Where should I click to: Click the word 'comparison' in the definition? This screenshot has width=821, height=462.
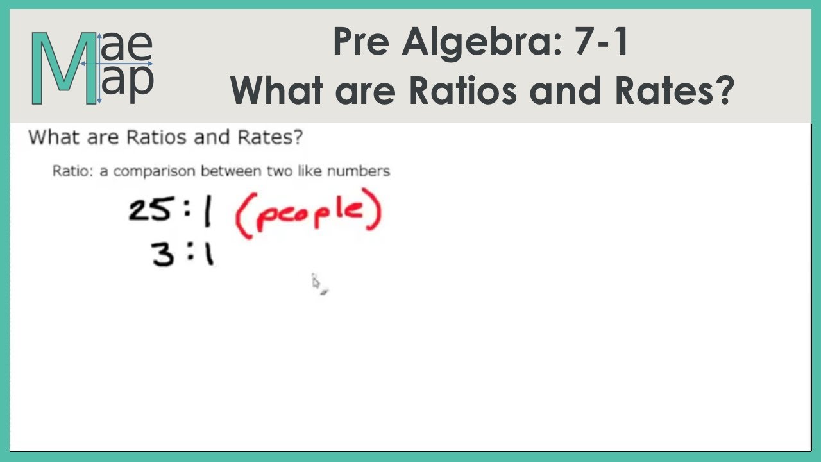click(x=155, y=172)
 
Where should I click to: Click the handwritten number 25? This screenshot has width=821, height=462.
click(x=149, y=210)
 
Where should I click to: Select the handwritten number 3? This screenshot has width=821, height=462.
click(x=163, y=255)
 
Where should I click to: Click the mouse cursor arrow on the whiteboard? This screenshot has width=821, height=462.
click(x=316, y=282)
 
